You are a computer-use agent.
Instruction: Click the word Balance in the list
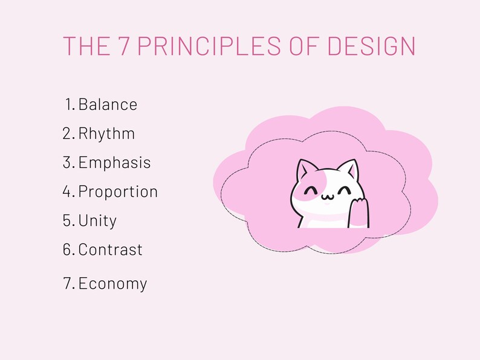click(108, 104)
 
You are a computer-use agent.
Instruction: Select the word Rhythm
click(106, 133)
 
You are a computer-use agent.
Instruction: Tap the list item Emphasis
click(114, 162)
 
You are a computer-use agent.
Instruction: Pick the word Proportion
click(118, 191)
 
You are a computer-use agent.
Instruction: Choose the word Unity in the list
click(97, 220)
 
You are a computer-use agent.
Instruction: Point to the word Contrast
click(110, 249)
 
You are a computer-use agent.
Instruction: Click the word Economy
click(112, 283)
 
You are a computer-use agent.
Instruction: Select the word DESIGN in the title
click(372, 47)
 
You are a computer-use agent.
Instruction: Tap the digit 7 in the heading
click(123, 47)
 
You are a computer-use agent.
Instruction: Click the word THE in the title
click(86, 47)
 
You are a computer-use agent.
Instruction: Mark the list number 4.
click(67, 191)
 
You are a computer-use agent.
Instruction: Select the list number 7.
click(68, 283)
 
